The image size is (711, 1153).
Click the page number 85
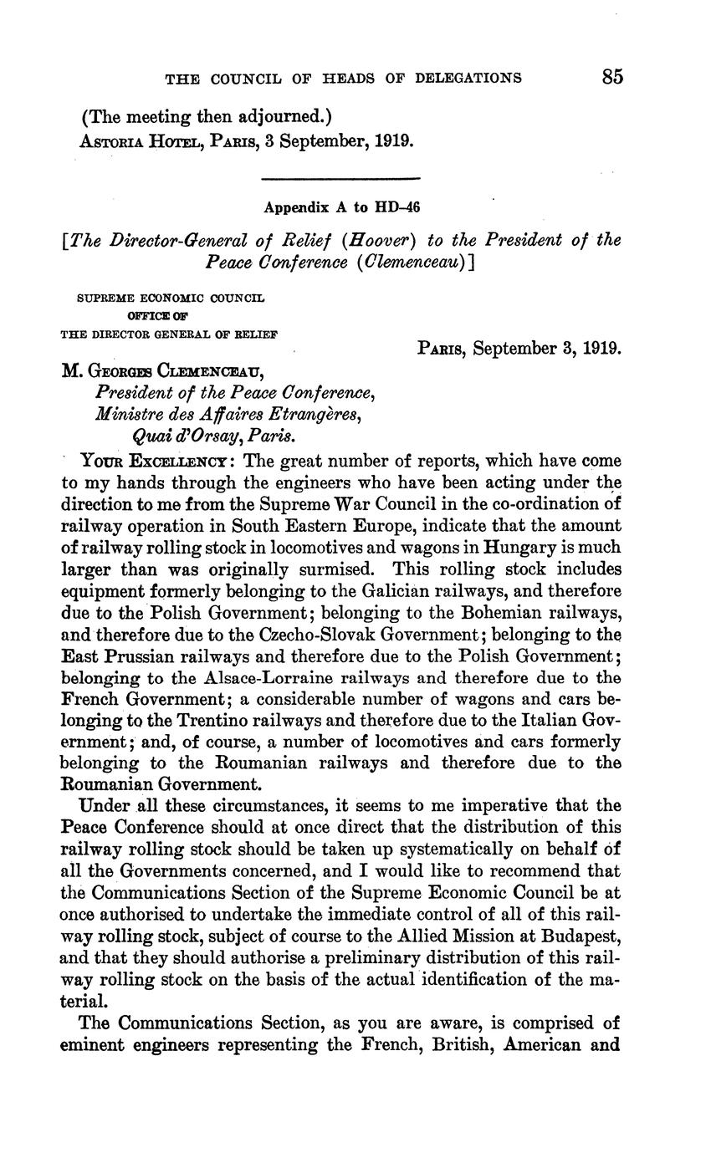tap(611, 77)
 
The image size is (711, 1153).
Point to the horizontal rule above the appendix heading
tap(340, 178)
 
